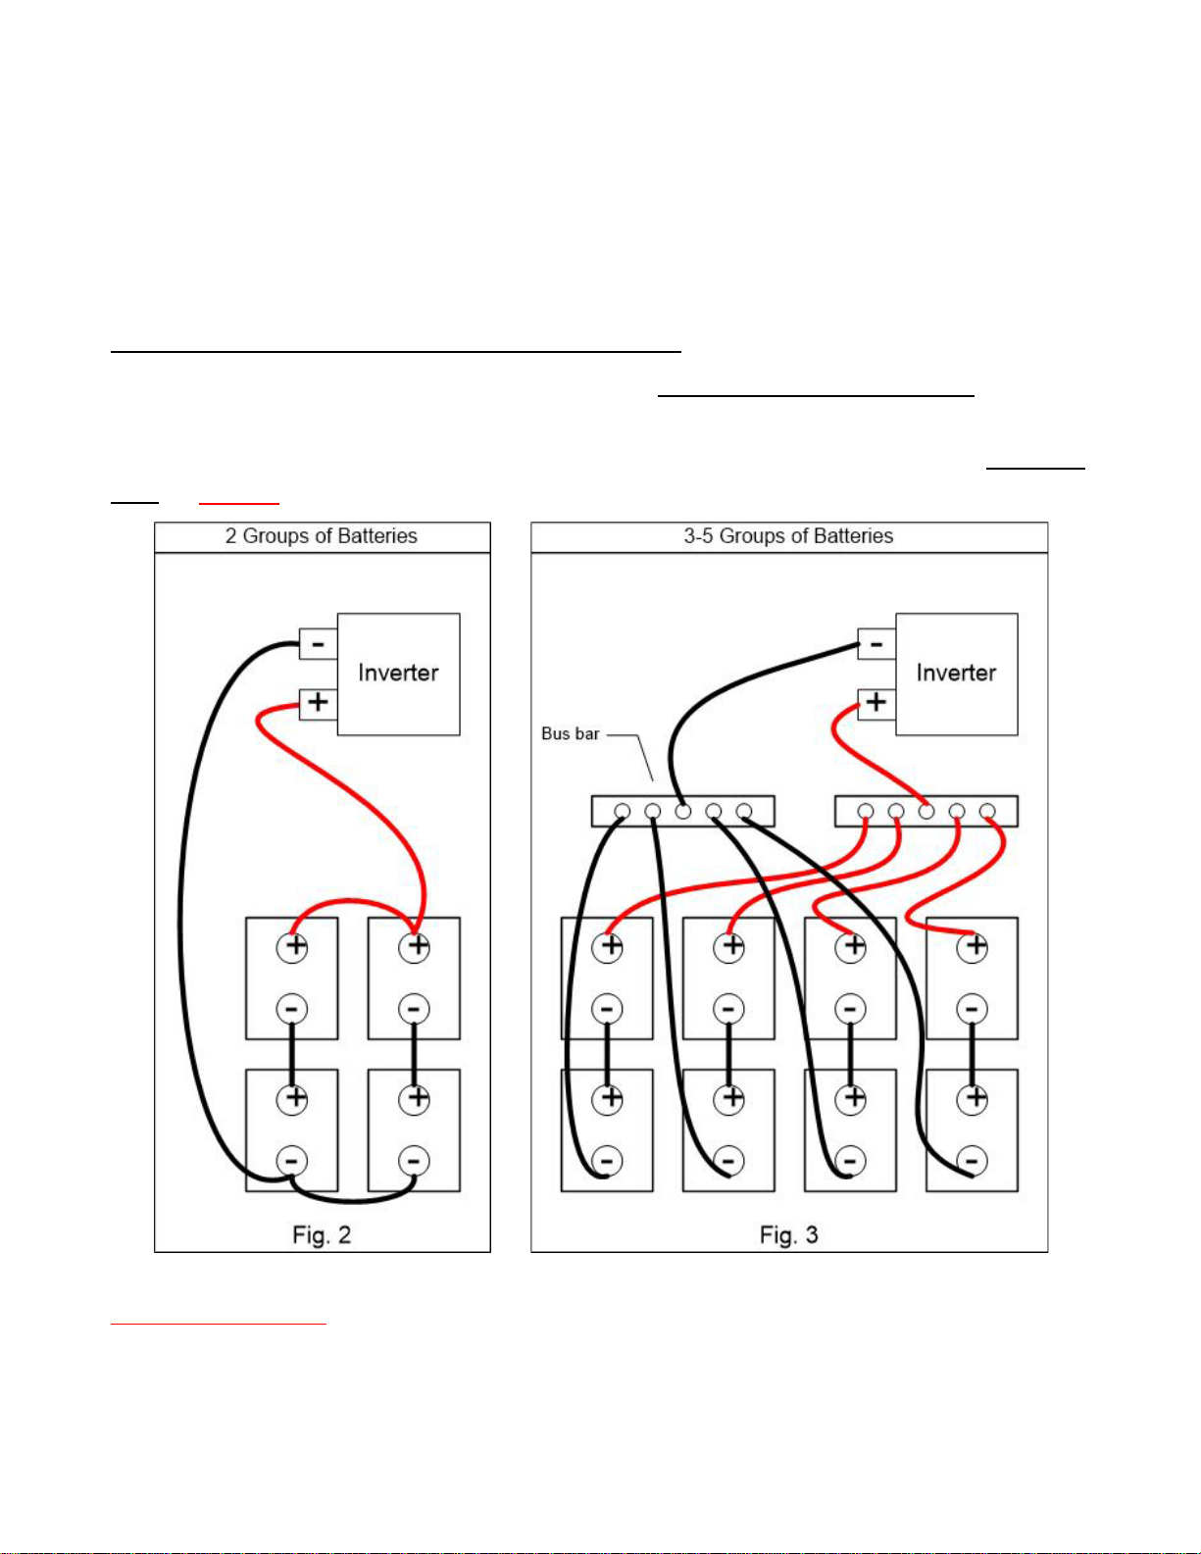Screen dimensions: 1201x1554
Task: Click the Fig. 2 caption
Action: (322, 1235)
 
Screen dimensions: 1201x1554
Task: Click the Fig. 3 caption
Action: (788, 1235)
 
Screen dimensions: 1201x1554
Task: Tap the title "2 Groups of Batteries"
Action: (321, 536)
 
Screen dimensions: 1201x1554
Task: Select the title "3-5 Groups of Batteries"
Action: (788, 536)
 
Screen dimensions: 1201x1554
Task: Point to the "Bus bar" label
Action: (570, 733)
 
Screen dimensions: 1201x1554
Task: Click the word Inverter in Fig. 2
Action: (398, 673)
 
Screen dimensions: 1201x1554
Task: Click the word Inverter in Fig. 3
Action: (956, 673)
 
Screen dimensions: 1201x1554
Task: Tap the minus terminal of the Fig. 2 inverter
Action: (318, 643)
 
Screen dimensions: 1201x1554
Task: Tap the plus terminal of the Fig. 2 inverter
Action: (318, 703)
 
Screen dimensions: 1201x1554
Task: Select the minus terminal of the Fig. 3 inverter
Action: (876, 643)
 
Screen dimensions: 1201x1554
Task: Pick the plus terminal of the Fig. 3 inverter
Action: (876, 703)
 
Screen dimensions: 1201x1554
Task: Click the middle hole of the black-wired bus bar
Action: (683, 811)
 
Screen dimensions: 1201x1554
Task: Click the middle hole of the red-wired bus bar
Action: (926, 811)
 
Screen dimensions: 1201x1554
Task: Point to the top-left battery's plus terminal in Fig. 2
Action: (292, 947)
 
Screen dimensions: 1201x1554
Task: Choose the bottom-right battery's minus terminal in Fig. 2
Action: (414, 1160)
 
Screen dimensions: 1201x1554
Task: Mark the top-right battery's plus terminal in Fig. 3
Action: (973, 947)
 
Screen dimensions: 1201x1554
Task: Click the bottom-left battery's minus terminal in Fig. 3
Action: (607, 1160)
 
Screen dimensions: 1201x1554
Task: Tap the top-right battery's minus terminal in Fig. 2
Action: (414, 1009)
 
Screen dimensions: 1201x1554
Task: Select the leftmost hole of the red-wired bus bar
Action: (866, 811)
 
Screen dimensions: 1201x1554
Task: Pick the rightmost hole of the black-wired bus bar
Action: (744, 811)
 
